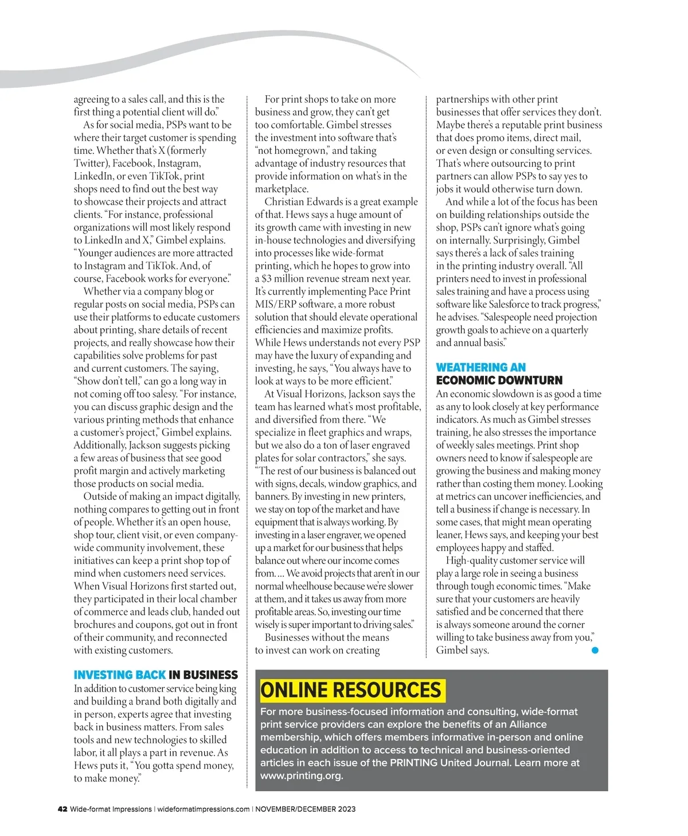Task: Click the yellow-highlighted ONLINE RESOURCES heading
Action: pos(352,690)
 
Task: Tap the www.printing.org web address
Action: pos(301,776)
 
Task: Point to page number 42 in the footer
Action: pos(62,809)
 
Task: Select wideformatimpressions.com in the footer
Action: pos(203,809)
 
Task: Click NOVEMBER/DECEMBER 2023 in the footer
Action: pos(305,809)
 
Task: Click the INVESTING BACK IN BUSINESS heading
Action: pos(155,675)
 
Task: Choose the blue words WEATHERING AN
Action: pos(480,367)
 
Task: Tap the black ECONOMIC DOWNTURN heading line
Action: pos(499,380)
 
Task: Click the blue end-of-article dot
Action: pos(595,650)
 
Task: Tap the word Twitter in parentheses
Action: pos(90,164)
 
